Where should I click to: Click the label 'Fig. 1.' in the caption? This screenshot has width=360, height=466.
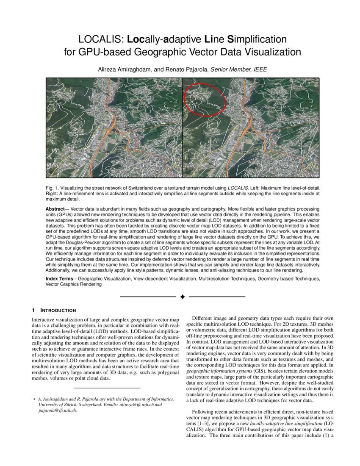(x=52, y=187)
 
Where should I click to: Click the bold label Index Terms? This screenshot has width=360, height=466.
(x=61, y=279)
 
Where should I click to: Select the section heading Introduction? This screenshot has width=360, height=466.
(x=58, y=310)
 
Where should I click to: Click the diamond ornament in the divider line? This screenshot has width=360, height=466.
(x=183, y=297)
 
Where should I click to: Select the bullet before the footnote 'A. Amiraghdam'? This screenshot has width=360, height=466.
(x=34, y=399)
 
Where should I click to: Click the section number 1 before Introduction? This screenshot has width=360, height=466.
(x=33, y=310)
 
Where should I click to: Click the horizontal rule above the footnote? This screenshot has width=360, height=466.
(x=107, y=388)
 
